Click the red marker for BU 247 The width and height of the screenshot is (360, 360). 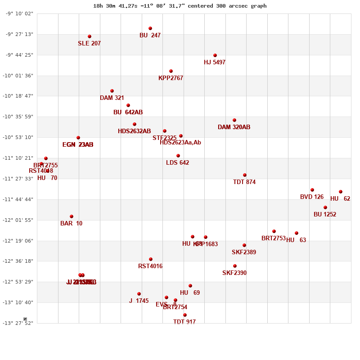pos(150,28)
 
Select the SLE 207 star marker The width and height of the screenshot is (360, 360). pos(90,36)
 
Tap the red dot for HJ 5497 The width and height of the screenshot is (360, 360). pos(215,55)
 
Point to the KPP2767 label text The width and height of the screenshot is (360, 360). pos(171,78)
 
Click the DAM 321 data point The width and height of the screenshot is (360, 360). pos(112,91)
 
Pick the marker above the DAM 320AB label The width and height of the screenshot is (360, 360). pos(234,120)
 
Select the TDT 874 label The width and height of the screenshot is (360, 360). pos(244,182)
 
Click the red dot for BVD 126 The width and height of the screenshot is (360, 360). pos(312,190)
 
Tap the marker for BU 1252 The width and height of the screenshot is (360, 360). pos(325,207)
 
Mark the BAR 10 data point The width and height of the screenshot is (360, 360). pos(72,216)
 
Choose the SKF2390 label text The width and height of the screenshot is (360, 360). pos(234,273)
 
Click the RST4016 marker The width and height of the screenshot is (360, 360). pos(151,259)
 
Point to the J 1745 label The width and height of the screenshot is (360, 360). pos(139,301)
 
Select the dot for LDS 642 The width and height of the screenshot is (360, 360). pos(178,156)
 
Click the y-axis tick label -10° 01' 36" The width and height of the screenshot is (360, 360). pos(19,76)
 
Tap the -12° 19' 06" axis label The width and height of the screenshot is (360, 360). pos(19,241)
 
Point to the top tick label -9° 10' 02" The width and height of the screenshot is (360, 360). pos(19,14)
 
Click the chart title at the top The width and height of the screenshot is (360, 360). pos(180,6)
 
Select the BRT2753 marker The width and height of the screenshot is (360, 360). pos(274,231)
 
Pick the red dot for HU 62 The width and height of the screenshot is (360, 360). pos(341,192)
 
